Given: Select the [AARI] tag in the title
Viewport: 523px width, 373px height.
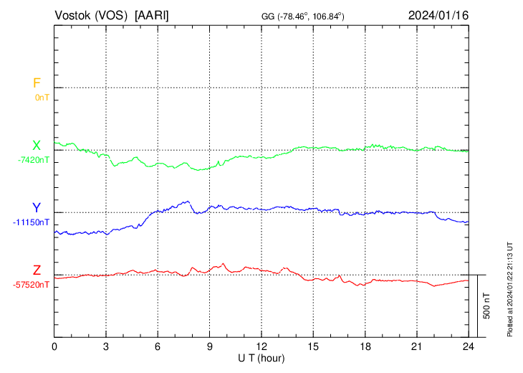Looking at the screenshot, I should point(153,15).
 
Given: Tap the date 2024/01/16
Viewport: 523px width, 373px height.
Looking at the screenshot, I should point(438,15).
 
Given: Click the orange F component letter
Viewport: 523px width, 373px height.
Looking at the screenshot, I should point(37,83).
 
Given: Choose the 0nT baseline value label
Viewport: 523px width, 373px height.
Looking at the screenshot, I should point(42,97).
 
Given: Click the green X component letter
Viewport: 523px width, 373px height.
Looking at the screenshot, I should point(37,146).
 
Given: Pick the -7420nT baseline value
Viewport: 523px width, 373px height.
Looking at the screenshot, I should point(34,160).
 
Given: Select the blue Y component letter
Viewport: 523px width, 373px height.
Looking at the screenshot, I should point(37,208).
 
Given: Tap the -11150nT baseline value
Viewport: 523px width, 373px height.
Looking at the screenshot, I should point(31,222).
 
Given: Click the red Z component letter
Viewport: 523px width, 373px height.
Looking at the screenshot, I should point(37,270).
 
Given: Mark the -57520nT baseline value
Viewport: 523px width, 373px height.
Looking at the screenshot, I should point(31,285).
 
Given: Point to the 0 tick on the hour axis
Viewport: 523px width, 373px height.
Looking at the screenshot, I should point(54,346).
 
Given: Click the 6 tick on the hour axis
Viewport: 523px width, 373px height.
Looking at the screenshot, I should point(158,346).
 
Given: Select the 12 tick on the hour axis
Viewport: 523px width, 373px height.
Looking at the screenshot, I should point(261,346).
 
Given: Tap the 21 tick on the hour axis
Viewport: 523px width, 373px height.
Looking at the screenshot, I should point(416,346).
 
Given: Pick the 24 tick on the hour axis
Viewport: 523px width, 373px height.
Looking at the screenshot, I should point(468,346).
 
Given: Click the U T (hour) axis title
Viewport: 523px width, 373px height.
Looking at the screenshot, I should point(261,357).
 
